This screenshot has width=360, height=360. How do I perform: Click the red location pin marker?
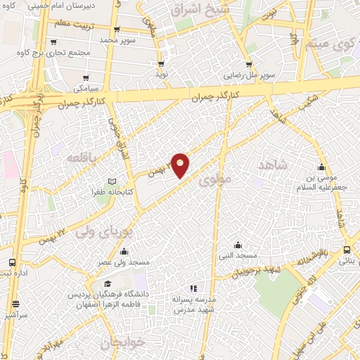point(181,165)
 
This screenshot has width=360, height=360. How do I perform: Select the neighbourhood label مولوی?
point(214,181)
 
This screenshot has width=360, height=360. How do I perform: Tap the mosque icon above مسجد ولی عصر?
point(124,252)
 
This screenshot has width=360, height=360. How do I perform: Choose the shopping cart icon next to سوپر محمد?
point(116,30)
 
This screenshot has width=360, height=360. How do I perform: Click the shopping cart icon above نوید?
point(161,63)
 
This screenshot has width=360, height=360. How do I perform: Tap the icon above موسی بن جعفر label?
point(321,167)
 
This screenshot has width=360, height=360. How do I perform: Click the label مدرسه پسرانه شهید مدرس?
point(194,304)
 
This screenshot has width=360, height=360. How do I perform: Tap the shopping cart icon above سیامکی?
point(86,77)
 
